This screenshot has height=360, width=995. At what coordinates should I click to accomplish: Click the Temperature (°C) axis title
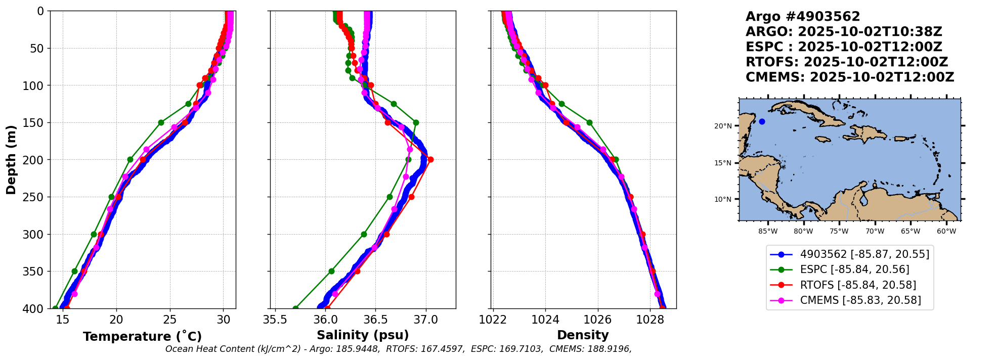click(142, 336)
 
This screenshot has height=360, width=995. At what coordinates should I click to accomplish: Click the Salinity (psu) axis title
click(363, 335)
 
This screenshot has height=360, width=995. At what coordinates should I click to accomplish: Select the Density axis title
click(583, 335)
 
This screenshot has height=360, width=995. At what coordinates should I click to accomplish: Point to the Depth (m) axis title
click(11, 159)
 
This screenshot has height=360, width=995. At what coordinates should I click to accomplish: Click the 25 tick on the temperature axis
click(170, 320)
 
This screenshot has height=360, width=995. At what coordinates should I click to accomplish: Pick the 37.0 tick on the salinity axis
click(426, 320)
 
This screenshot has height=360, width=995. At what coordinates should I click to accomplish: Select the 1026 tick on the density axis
click(598, 320)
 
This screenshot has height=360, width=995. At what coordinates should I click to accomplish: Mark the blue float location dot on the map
click(762, 121)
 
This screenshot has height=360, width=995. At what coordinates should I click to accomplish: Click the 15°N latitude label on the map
click(723, 163)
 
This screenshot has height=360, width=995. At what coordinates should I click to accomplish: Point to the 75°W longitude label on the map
click(839, 232)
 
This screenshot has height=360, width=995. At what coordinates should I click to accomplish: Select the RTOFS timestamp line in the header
click(847, 62)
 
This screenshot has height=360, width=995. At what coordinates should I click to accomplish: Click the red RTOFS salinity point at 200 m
click(430, 160)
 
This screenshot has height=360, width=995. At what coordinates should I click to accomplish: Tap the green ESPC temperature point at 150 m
click(161, 122)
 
